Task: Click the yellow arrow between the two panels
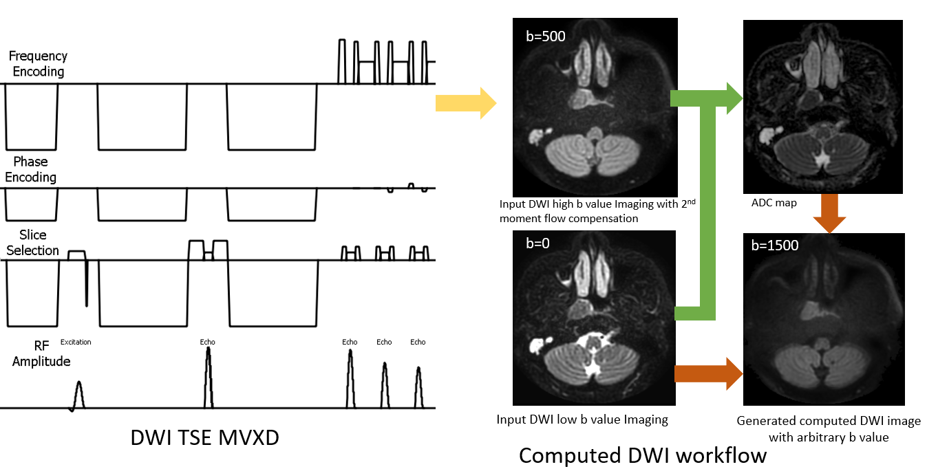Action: (x=465, y=103)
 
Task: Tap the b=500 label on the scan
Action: (x=543, y=36)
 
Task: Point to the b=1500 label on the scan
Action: (x=773, y=246)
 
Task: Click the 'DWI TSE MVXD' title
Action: (x=204, y=437)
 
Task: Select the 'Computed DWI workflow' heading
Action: (x=642, y=455)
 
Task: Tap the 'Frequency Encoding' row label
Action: (x=37, y=64)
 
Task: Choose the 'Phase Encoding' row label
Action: (x=31, y=169)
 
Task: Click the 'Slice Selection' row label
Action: (x=33, y=243)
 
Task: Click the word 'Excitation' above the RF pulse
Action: (x=76, y=342)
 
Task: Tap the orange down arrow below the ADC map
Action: (x=829, y=214)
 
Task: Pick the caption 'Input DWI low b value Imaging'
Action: (x=582, y=419)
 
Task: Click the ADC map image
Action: (x=822, y=107)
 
